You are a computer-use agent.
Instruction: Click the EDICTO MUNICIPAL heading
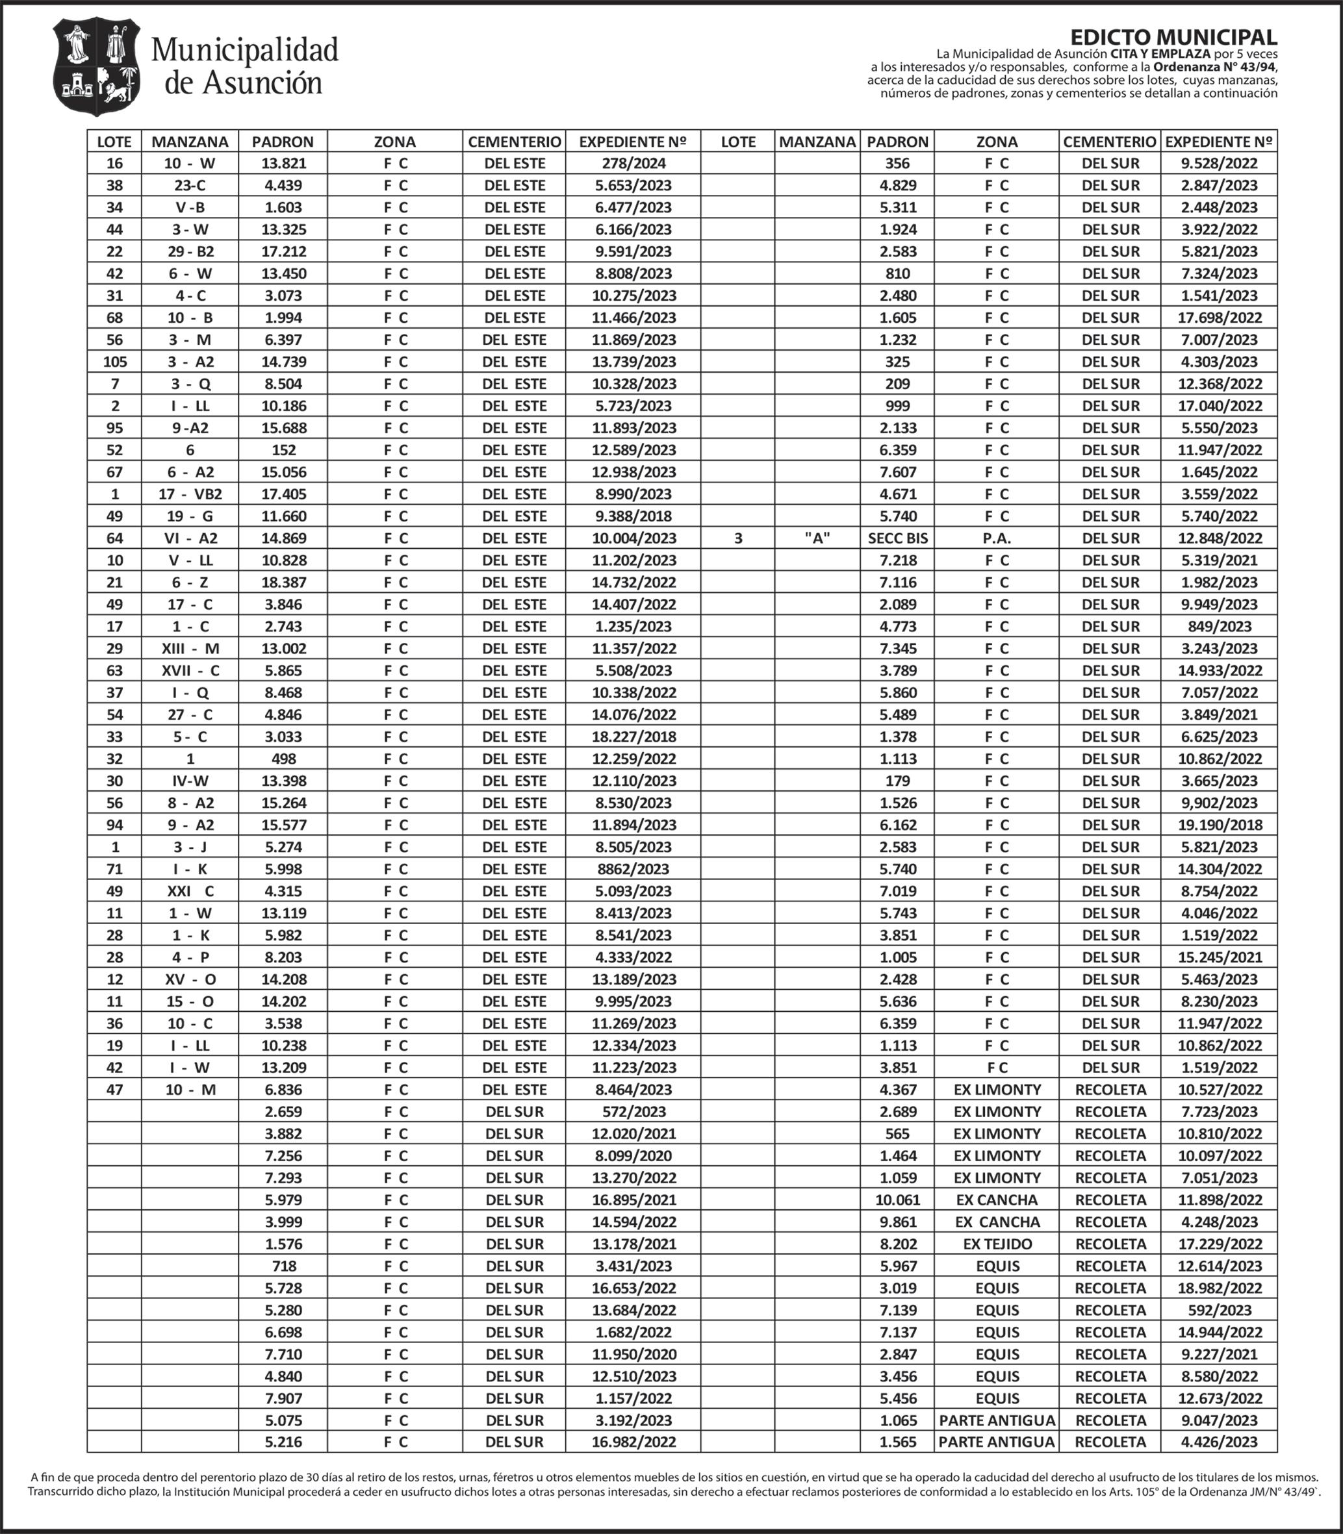click(1173, 38)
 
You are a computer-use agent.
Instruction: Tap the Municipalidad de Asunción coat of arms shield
click(97, 67)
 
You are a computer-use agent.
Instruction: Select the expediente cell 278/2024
click(633, 163)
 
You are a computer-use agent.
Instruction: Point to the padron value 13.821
click(283, 163)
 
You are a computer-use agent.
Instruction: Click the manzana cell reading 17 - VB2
click(190, 494)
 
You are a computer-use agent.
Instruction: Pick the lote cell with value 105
click(114, 362)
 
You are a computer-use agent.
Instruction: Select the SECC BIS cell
click(897, 538)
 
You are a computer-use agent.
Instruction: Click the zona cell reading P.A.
click(997, 538)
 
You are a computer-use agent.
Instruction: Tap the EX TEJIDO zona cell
click(997, 1244)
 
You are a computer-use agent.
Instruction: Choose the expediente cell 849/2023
click(1220, 626)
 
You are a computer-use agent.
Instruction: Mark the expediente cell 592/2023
click(1220, 1310)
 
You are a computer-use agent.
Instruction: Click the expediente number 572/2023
click(633, 1112)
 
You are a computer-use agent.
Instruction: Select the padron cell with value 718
click(283, 1266)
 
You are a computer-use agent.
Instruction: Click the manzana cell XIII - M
click(190, 649)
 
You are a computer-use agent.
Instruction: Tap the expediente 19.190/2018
click(1220, 825)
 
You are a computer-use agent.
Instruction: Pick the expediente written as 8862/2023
click(633, 869)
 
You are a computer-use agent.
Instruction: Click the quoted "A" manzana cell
click(817, 538)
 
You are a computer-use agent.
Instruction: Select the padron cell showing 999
click(897, 406)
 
